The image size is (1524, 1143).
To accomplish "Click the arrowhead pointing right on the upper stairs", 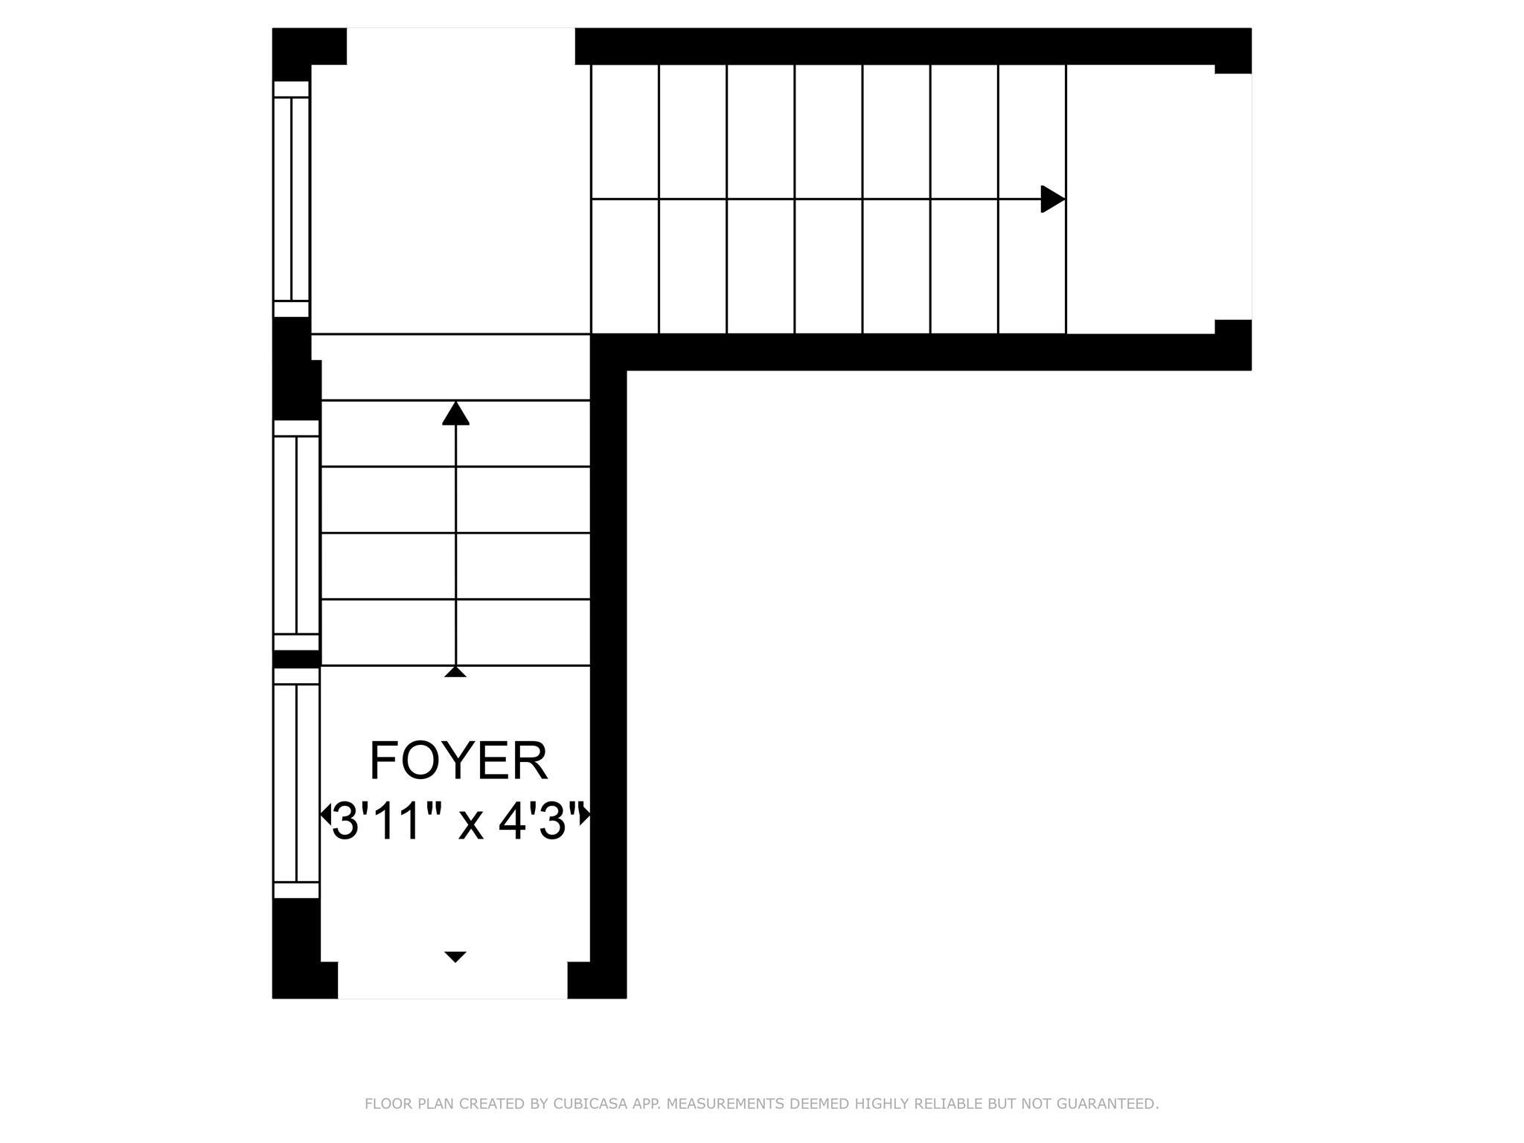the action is (1053, 199).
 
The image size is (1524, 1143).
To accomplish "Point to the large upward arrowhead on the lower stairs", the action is (455, 413).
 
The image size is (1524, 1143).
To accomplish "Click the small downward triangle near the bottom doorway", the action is (455, 956).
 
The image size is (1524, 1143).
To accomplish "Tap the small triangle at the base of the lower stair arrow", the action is (455, 672).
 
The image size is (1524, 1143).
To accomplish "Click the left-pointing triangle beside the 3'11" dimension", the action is (325, 814).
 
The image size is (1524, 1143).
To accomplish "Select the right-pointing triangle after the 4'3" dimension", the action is (586, 814).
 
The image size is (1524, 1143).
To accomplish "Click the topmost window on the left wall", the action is (291, 199).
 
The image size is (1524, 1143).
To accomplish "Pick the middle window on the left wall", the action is (296, 535).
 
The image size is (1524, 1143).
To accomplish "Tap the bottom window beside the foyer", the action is (296, 783).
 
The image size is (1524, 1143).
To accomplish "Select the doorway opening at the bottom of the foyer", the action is (452, 980).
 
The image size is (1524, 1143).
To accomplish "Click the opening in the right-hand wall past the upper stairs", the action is (1233, 196).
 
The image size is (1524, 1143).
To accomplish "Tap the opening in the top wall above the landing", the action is (461, 46).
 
